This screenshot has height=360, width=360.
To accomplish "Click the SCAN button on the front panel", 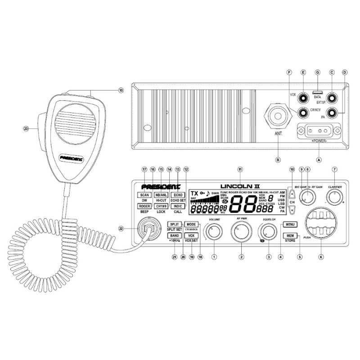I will pyautogui.click(x=144, y=195).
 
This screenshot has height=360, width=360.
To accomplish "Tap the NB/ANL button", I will pyautogui.click(x=161, y=195).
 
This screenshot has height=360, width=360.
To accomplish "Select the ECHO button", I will pyautogui.click(x=178, y=195).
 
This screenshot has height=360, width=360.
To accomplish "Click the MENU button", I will pyautogui.click(x=289, y=225).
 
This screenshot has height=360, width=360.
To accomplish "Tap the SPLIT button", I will pyautogui.click(x=174, y=224).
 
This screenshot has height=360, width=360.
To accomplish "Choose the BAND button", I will pyautogui.click(x=174, y=235).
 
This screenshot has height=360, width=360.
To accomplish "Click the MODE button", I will pyautogui.click(x=191, y=224).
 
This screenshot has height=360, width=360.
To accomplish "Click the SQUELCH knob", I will pyautogui.click(x=269, y=232).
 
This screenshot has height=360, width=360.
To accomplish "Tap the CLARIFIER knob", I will pyautogui.click(x=334, y=197).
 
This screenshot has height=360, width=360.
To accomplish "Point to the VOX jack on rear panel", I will pyautogui.click(x=303, y=97).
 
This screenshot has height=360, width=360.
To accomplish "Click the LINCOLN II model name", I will pyautogui.click(x=240, y=185).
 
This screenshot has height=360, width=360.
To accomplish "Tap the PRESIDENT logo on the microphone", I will pyautogui.click(x=72, y=158).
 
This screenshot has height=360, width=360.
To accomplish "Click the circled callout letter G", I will pyautogui.click(x=318, y=72).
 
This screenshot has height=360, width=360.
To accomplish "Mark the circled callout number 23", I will pyautogui.click(x=26, y=128).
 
